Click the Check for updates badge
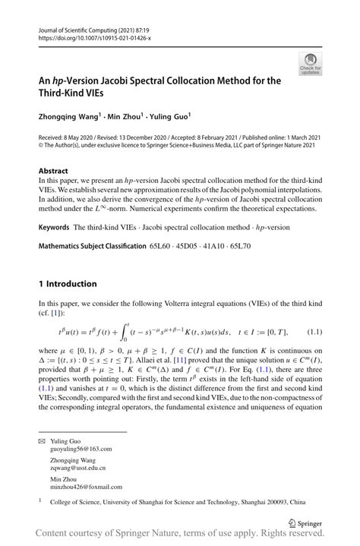pos(309,65)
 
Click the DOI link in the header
pos(88,37)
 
